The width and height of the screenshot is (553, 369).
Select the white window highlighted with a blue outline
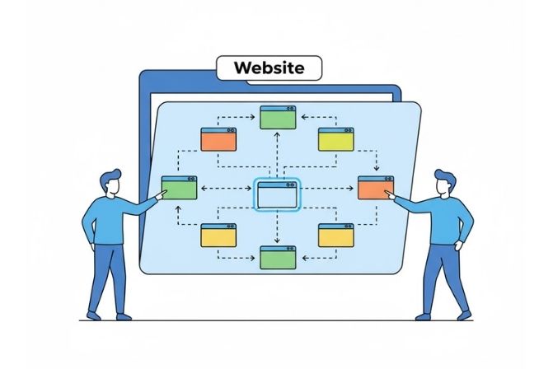point(277,194)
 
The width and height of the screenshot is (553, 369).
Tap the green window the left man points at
point(179,188)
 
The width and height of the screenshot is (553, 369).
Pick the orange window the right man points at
point(374,188)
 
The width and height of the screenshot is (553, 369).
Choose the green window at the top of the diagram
point(277,117)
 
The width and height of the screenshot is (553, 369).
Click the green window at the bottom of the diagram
point(277,257)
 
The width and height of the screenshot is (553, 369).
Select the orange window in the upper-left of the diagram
point(218,139)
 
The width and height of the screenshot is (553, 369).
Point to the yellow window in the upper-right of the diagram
point(335,139)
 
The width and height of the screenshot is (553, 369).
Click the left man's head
point(110,183)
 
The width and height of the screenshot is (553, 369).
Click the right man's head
point(443,183)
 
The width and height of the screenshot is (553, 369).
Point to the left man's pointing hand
point(154,197)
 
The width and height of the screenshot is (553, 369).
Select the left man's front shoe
point(123,315)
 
